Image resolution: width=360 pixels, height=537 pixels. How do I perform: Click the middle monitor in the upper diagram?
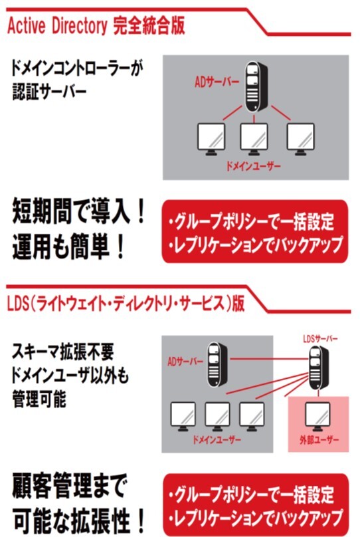pos(252,140)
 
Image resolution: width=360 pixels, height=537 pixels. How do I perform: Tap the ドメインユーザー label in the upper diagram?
pos(254,165)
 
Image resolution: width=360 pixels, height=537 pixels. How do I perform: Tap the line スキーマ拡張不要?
pos(64,352)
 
